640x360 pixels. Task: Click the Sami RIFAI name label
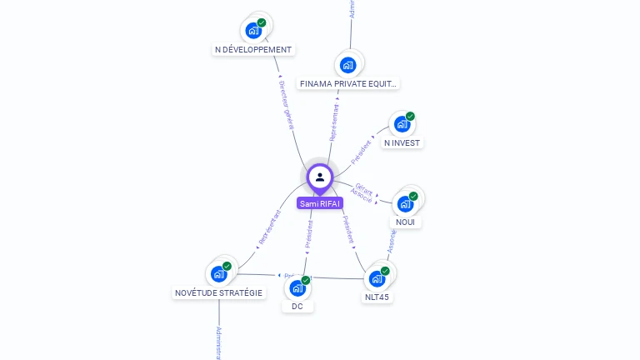point(320,203)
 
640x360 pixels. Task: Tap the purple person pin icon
point(320,177)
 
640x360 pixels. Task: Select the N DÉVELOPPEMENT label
point(253,49)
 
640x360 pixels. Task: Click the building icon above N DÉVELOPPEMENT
point(253,31)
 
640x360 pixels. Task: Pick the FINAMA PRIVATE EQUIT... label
point(349,83)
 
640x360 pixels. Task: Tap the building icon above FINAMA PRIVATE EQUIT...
point(348,64)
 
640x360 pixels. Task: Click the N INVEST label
point(402,142)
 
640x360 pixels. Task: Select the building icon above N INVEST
point(402,124)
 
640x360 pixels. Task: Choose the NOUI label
point(406,222)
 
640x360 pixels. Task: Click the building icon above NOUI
point(406,203)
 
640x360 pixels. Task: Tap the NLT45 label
point(377,297)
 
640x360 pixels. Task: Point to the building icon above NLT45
point(377,277)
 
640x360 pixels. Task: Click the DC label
point(297,306)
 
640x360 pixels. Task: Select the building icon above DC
point(297,288)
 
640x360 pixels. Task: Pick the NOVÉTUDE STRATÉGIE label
point(218,292)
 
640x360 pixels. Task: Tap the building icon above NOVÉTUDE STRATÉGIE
point(218,273)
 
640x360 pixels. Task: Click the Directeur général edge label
point(286,105)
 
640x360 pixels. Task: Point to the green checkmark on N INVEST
point(410,117)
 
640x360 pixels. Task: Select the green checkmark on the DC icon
point(306,280)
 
